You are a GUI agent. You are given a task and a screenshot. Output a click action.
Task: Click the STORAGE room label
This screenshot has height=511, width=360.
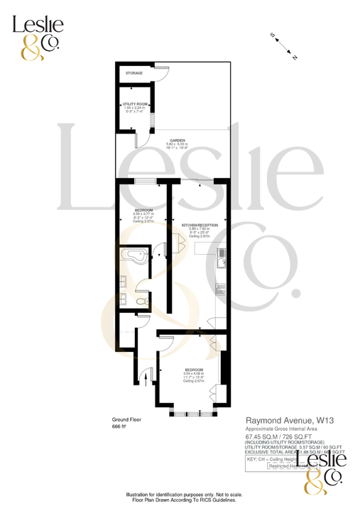click(x=134, y=73)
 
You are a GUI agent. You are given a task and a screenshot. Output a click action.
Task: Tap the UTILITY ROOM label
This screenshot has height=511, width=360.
click(x=134, y=104)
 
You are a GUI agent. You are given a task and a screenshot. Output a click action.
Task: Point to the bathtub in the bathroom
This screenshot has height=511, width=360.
click(x=134, y=256)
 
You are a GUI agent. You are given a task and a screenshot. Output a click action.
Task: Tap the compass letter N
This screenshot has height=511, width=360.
click(x=295, y=57)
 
